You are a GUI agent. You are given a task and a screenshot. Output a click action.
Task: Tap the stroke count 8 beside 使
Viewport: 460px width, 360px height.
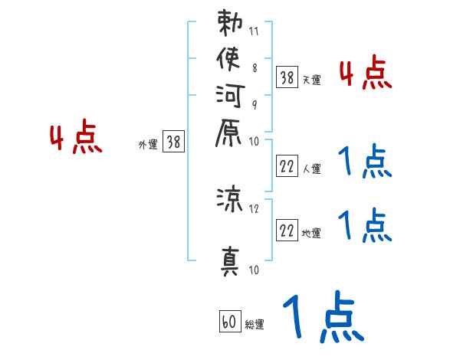[x=255, y=68]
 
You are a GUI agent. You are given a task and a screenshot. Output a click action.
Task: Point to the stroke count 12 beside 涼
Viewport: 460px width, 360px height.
[x=255, y=208]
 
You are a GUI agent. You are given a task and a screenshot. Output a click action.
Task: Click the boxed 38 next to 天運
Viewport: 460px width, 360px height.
[x=287, y=77]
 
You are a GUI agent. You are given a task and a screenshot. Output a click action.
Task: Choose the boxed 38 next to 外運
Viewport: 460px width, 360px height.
[x=173, y=142]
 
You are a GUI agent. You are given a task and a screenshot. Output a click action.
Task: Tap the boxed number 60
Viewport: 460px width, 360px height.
[x=228, y=322]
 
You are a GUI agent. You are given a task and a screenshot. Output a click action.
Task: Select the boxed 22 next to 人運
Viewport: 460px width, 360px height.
[x=287, y=165]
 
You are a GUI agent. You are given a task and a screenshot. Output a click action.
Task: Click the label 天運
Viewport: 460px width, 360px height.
[x=312, y=80]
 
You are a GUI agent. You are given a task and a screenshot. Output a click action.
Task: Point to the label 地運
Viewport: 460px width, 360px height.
[x=312, y=232]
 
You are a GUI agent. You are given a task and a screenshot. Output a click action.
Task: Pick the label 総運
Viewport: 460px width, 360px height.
[x=255, y=325]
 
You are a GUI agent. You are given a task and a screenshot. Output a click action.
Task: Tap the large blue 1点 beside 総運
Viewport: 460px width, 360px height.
[x=323, y=318]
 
